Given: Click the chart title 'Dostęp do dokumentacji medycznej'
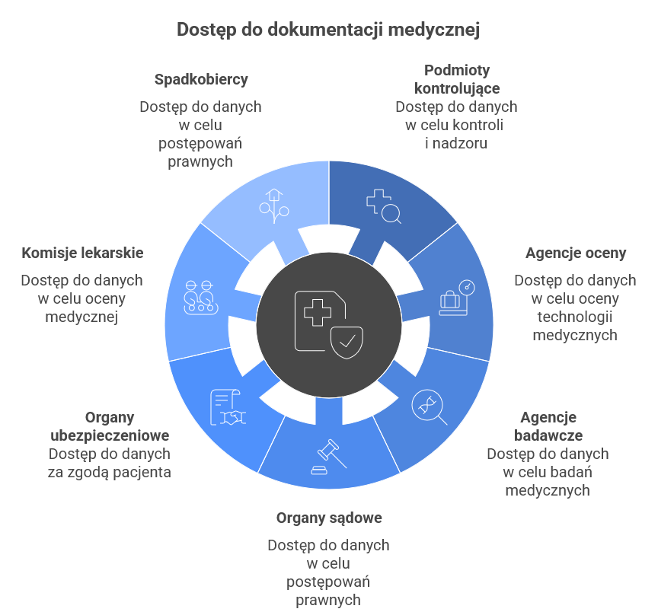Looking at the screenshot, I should point(328,30).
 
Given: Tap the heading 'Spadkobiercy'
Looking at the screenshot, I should point(201,79).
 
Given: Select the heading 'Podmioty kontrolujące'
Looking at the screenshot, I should point(456,79).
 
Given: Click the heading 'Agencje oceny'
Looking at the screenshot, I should point(576,253).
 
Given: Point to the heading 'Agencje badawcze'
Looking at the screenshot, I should point(548,426).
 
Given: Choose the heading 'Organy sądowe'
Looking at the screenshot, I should point(329,518).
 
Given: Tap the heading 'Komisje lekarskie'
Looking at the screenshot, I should point(82,253).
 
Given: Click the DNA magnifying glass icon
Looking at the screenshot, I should point(429,406).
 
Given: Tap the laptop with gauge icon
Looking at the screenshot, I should point(456,298).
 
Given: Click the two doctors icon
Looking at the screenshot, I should point(200,298).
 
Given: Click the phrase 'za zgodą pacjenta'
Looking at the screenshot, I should point(110,472).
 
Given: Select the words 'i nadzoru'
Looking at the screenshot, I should point(456,142).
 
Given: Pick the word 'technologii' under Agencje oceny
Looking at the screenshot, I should point(576,316).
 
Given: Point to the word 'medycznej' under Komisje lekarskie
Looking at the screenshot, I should point(81,316).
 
